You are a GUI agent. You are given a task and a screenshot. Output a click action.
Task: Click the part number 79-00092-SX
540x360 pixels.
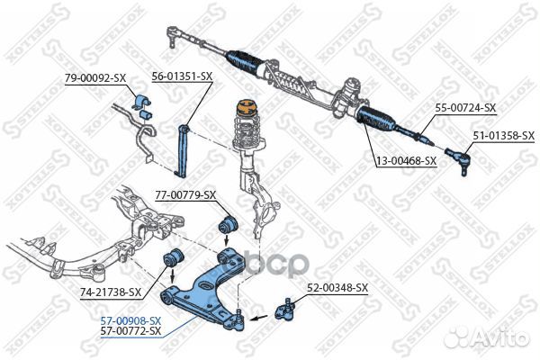[x=94, y=78]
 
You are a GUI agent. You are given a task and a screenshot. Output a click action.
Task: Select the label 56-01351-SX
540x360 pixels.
[x=182, y=76]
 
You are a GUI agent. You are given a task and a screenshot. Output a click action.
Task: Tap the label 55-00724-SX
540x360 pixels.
[x=465, y=108]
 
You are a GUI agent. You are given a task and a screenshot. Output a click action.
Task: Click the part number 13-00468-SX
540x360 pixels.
[x=406, y=160]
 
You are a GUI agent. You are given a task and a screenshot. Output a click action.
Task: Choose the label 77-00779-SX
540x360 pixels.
[x=186, y=194]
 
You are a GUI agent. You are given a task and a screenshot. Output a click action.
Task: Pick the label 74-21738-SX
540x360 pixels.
[x=112, y=292]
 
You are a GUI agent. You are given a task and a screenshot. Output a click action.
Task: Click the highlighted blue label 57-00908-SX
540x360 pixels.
[x=131, y=320]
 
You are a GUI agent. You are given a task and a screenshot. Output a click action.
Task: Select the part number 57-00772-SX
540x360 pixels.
[x=131, y=331]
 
